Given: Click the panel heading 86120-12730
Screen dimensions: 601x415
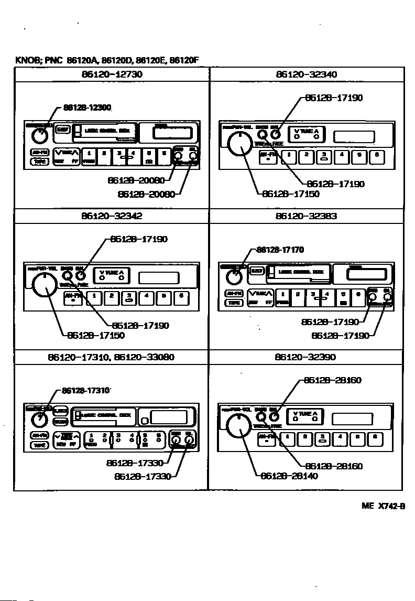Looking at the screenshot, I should tap(112, 74).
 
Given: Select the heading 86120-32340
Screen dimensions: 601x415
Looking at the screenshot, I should tap(307, 74).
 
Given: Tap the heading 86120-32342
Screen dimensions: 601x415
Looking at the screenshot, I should tap(112, 216).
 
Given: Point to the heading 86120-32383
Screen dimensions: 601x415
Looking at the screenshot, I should tap(307, 216).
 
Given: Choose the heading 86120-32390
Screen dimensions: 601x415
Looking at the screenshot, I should tap(305, 357).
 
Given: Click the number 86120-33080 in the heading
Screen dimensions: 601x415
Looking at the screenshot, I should tap(144, 357).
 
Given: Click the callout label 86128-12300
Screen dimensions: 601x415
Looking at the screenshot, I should tap(87, 108).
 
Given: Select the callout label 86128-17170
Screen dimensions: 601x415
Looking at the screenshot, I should tap(280, 250).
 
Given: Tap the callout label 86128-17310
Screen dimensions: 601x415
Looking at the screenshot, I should tap(85, 391).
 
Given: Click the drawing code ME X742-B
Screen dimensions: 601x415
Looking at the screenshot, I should tap(384, 506).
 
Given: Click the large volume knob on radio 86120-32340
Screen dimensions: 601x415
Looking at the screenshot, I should tap(239, 143).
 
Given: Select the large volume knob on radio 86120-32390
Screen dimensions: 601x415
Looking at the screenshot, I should tap(239, 425).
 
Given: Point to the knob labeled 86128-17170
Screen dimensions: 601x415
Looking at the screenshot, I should tap(234, 276).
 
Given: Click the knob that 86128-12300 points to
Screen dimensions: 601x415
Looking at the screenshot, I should tap(40, 136).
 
